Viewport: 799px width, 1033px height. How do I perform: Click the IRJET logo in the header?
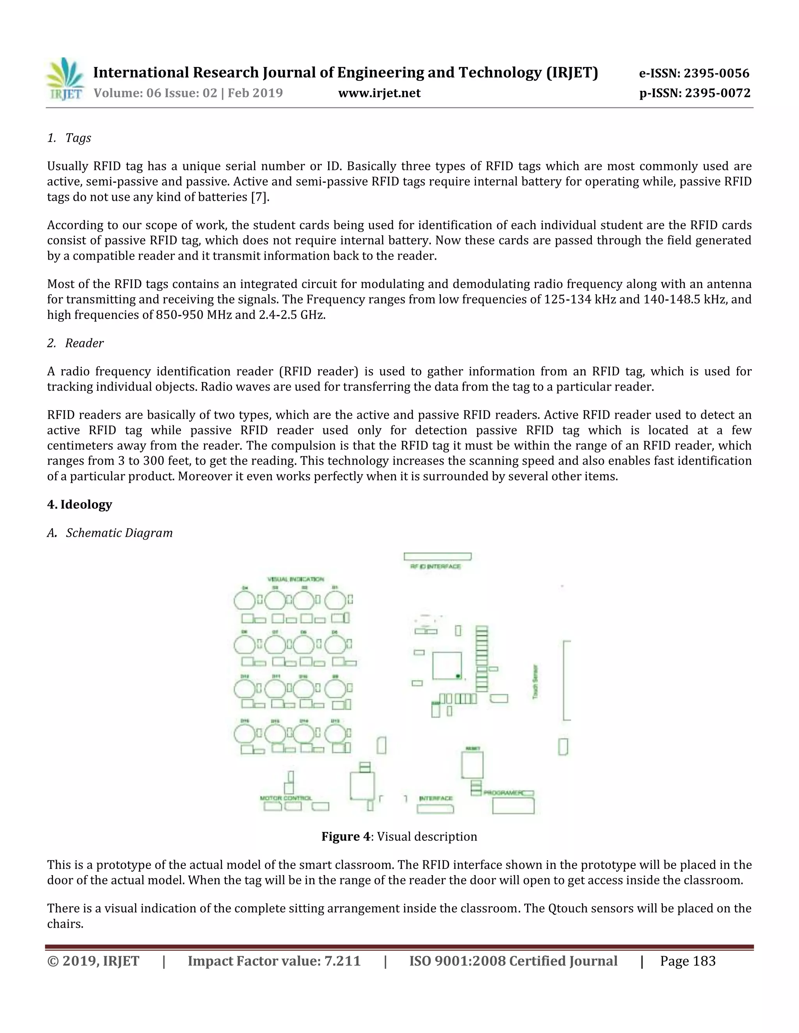pos(65,79)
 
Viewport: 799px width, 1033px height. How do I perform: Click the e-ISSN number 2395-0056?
pos(716,73)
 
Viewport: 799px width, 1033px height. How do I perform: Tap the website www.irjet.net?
pos(379,93)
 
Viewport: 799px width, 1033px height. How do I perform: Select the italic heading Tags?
pos(78,138)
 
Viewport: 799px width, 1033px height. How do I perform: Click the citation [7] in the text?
pos(260,197)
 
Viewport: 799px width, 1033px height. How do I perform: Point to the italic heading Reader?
pos(84,343)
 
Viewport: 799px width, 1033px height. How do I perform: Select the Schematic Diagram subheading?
pos(119,532)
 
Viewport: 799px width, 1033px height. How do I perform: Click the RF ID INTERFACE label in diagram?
pos(435,566)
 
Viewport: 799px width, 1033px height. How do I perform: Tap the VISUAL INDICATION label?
pos(296,579)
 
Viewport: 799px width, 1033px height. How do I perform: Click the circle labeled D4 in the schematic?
pos(244,601)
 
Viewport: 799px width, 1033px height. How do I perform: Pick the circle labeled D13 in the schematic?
pos(335,734)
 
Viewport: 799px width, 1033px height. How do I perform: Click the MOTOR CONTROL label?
pos(286,798)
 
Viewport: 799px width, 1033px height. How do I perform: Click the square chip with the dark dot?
pos(447,665)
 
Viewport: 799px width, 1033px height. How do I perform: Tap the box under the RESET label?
pos(472,765)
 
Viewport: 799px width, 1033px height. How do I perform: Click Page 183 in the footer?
pos(687,961)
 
